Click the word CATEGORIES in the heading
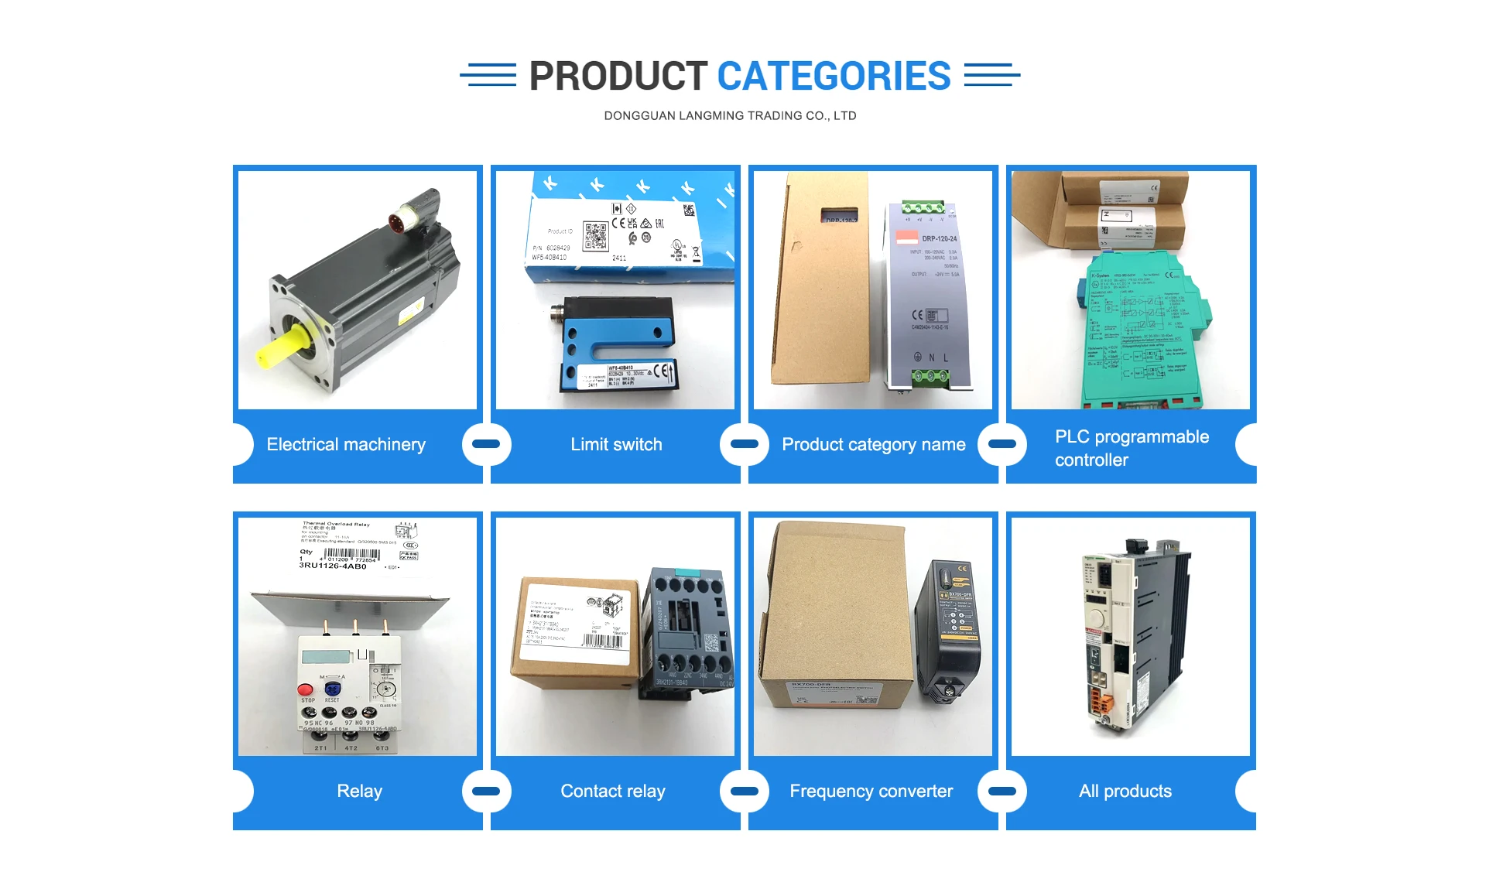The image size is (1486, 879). (834, 76)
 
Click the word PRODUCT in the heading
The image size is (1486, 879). (618, 76)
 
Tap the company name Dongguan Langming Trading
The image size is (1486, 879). (730, 116)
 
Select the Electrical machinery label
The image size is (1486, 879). (346, 444)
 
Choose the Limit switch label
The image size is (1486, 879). (616, 444)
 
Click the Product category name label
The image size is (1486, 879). (873, 444)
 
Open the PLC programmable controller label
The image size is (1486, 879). (1131, 448)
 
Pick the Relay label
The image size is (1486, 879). (359, 791)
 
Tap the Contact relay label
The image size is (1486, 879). (612, 791)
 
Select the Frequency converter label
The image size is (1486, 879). (871, 791)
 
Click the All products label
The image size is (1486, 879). (1125, 791)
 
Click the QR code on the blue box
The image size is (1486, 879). (596, 236)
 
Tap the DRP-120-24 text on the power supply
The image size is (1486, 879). (939, 238)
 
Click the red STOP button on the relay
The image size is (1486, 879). (306, 689)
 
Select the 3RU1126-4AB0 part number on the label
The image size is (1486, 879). (333, 566)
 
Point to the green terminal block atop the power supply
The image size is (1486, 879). (923, 207)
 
